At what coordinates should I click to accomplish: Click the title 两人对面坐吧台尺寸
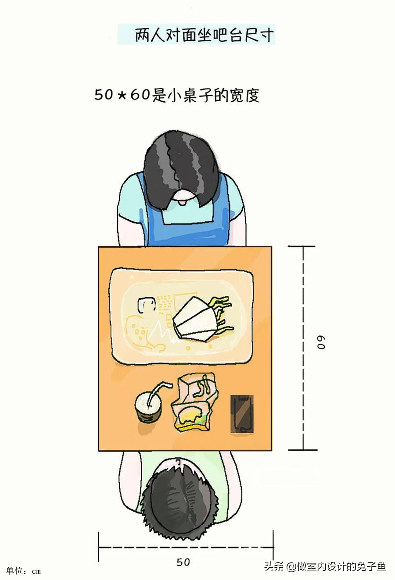(196, 35)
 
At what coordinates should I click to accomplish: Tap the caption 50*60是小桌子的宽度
(177, 95)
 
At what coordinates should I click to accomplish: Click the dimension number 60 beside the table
(322, 342)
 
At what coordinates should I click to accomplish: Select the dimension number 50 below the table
(183, 562)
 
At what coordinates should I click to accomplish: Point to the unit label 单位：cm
(24, 571)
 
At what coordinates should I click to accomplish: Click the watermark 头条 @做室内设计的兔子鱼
(325, 566)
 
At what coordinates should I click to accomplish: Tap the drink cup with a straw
(148, 406)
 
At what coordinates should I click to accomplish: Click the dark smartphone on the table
(242, 414)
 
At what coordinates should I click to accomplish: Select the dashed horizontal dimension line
(186, 547)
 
